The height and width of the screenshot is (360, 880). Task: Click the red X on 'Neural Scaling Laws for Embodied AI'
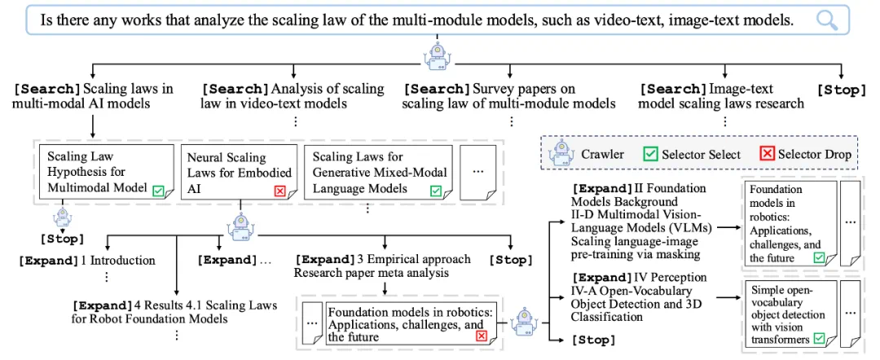(279, 191)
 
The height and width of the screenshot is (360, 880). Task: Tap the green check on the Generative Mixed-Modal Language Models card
(435, 191)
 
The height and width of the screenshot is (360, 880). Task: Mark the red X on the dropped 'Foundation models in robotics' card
(480, 335)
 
